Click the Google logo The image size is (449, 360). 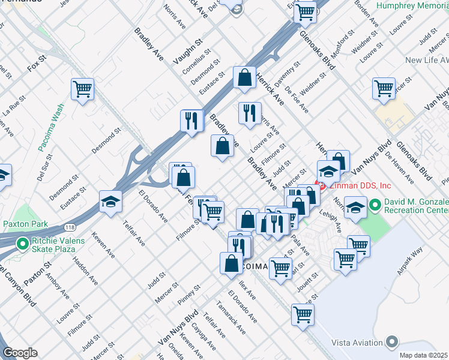(x=20, y=353)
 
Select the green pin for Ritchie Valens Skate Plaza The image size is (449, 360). (x=23, y=244)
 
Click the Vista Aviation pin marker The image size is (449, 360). (x=392, y=342)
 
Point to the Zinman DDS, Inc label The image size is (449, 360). (x=356, y=185)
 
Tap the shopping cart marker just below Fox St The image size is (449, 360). (x=83, y=89)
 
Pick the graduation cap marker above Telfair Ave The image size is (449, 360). (x=110, y=202)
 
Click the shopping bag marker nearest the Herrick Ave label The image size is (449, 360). (x=244, y=77)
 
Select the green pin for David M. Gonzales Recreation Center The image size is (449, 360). (x=375, y=206)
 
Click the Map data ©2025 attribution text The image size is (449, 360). (x=424, y=355)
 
